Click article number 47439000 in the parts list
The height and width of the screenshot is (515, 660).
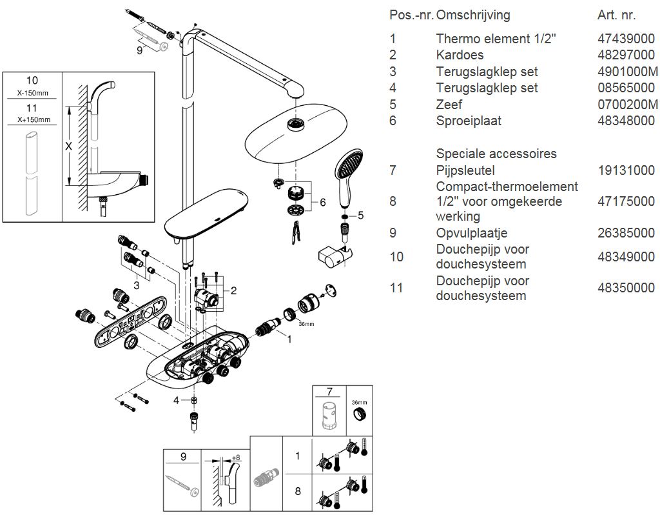pyautogui.click(x=626, y=39)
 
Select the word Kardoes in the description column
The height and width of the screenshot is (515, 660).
pyautogui.click(x=459, y=55)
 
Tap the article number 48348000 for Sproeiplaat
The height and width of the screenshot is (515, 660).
pyautogui.click(x=626, y=121)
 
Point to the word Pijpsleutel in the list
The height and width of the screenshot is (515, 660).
pyautogui.click(x=465, y=170)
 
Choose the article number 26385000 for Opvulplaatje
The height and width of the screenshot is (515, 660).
pyautogui.click(x=626, y=233)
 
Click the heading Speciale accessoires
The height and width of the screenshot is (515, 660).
pyautogui.click(x=496, y=154)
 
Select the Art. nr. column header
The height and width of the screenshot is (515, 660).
pyautogui.click(x=616, y=15)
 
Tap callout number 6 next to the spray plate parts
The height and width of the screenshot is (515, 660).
pyautogui.click(x=322, y=203)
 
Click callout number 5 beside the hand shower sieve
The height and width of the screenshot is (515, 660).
pyautogui.click(x=360, y=215)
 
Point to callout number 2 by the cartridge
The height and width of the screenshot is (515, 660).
pyautogui.click(x=233, y=290)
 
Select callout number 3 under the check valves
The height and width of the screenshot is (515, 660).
pyautogui.click(x=137, y=285)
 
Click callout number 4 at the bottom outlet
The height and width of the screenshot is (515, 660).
pyautogui.click(x=175, y=401)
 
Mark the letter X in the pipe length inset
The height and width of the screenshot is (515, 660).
pyautogui.click(x=69, y=146)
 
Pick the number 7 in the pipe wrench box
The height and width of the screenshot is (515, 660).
pyautogui.click(x=329, y=392)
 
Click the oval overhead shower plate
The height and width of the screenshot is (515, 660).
pyautogui.click(x=293, y=136)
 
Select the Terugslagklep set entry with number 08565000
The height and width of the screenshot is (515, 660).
pyautogui.click(x=487, y=88)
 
